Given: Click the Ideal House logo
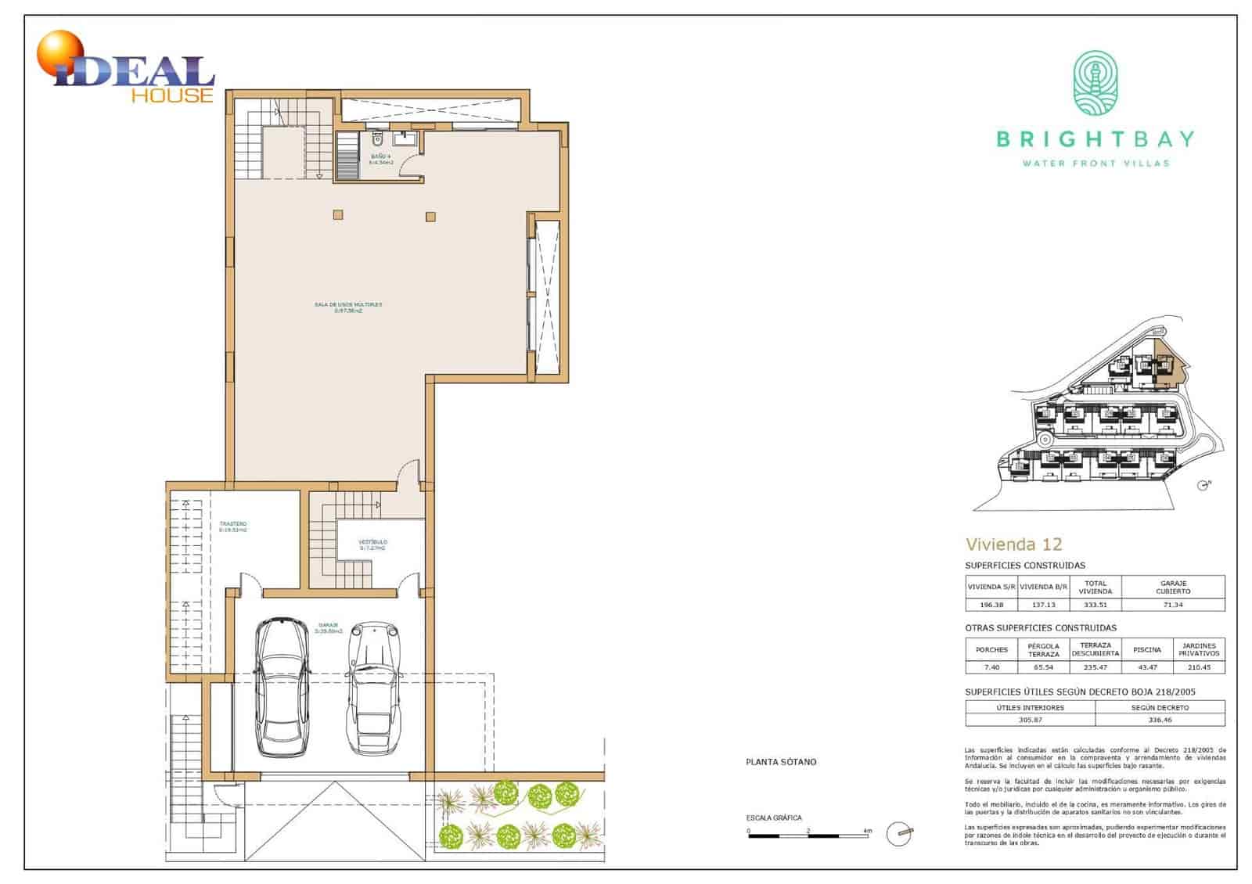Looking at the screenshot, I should [125, 69].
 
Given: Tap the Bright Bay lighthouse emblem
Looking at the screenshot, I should [1095, 82].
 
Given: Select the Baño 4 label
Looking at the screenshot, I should [381, 159].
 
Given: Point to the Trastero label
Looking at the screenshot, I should [233, 526].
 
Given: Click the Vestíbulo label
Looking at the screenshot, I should [372, 544].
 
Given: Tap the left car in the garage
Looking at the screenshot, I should [282, 686].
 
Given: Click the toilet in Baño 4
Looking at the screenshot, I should [377, 141].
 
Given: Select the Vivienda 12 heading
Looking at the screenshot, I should [1013, 544].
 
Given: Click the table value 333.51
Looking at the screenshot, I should [1095, 604].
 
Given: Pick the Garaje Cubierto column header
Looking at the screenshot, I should [1172, 586].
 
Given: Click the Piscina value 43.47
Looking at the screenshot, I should [1146, 667].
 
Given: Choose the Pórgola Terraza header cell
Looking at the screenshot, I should [1043, 649].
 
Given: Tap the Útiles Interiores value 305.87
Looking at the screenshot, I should [1030, 719].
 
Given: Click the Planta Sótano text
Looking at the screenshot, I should [780, 761].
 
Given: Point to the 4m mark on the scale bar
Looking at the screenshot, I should [866, 830].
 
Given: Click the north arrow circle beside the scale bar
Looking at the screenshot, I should [898, 834].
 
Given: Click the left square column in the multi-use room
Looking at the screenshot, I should [337, 214].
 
